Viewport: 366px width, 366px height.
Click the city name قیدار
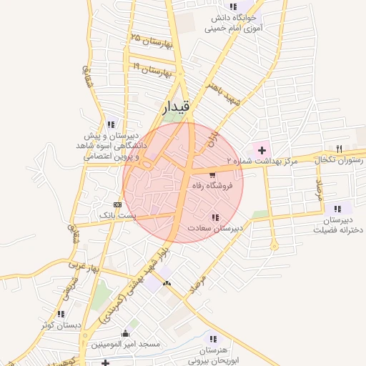point(177,107)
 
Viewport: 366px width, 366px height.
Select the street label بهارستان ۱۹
point(154,69)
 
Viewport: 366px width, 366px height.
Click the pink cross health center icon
point(262,150)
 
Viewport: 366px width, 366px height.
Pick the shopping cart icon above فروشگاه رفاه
point(212,174)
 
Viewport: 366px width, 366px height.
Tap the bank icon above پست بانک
point(117,204)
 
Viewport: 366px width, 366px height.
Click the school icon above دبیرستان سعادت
point(214,217)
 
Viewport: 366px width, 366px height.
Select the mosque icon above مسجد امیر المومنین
point(126,333)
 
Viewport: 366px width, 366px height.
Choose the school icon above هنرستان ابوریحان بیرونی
point(212,338)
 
